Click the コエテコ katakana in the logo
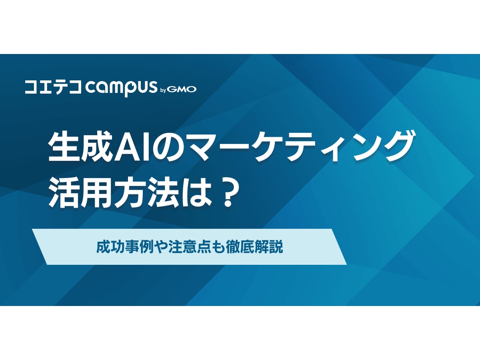53,88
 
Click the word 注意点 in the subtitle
185,247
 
